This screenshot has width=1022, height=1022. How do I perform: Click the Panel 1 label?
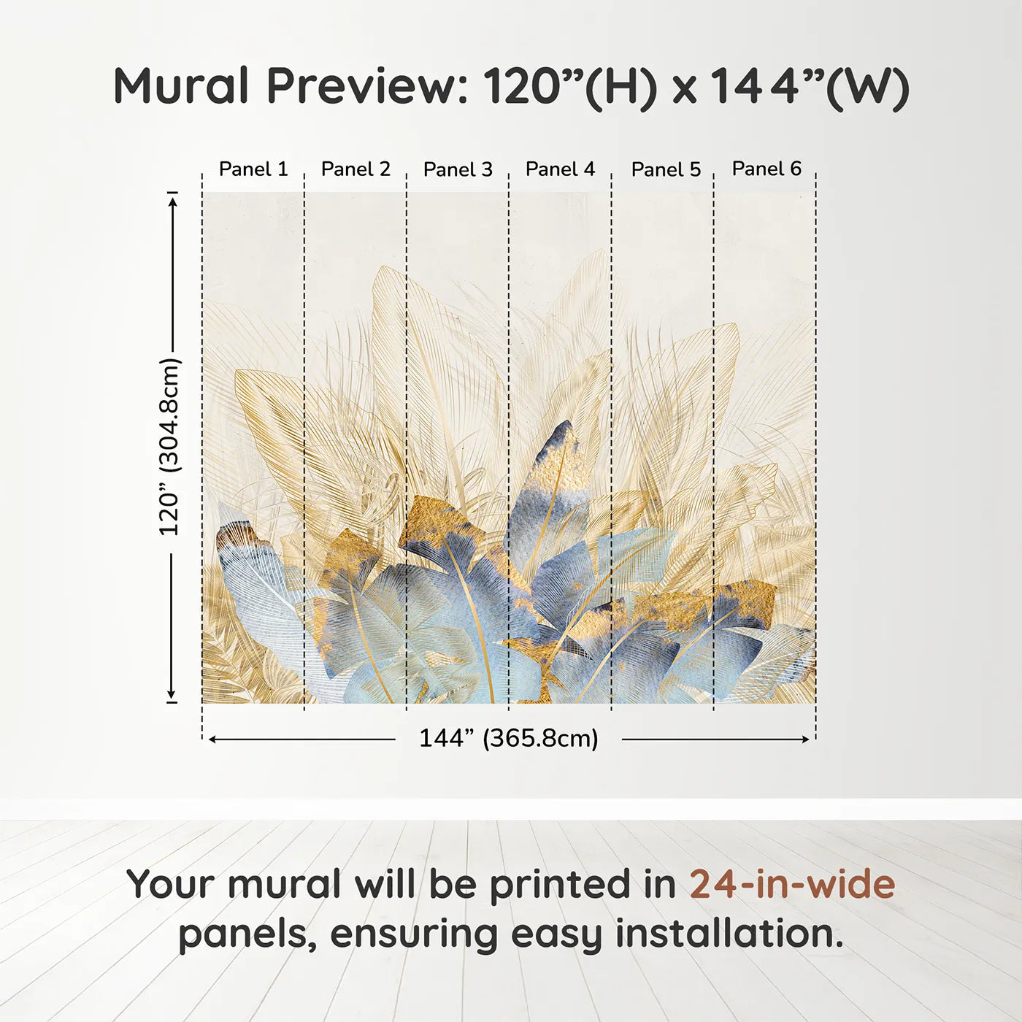(253, 169)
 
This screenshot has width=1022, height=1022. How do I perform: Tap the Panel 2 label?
(356, 169)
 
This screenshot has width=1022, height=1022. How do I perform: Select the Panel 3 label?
(458, 170)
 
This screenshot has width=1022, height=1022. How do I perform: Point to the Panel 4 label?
(560, 169)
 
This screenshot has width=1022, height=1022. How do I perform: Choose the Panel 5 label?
(666, 170)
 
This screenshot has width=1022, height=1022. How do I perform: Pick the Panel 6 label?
(766, 169)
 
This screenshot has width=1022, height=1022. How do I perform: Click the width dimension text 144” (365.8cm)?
(508, 739)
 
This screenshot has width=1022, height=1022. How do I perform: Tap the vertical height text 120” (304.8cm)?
(169, 447)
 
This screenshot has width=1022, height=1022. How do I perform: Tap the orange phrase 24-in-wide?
(792, 885)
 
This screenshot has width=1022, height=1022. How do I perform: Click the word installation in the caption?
(729, 934)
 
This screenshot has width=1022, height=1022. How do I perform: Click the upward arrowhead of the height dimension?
(173, 199)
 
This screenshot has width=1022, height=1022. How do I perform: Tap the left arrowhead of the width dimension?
(212, 739)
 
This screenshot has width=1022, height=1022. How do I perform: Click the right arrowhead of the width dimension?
(806, 739)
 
